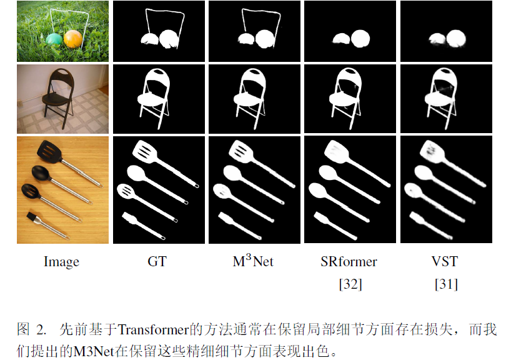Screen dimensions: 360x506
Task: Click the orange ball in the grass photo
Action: pos(72,41)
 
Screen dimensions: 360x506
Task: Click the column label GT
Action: pos(157,262)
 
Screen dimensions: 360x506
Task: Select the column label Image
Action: pos(61,262)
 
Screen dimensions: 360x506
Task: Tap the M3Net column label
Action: pos(253,261)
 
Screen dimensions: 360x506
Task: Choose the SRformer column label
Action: pos(349,262)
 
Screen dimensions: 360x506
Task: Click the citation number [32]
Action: pos(350,284)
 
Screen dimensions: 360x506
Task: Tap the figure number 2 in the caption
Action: pos(41,329)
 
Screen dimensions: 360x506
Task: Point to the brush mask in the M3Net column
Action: pos(227,218)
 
